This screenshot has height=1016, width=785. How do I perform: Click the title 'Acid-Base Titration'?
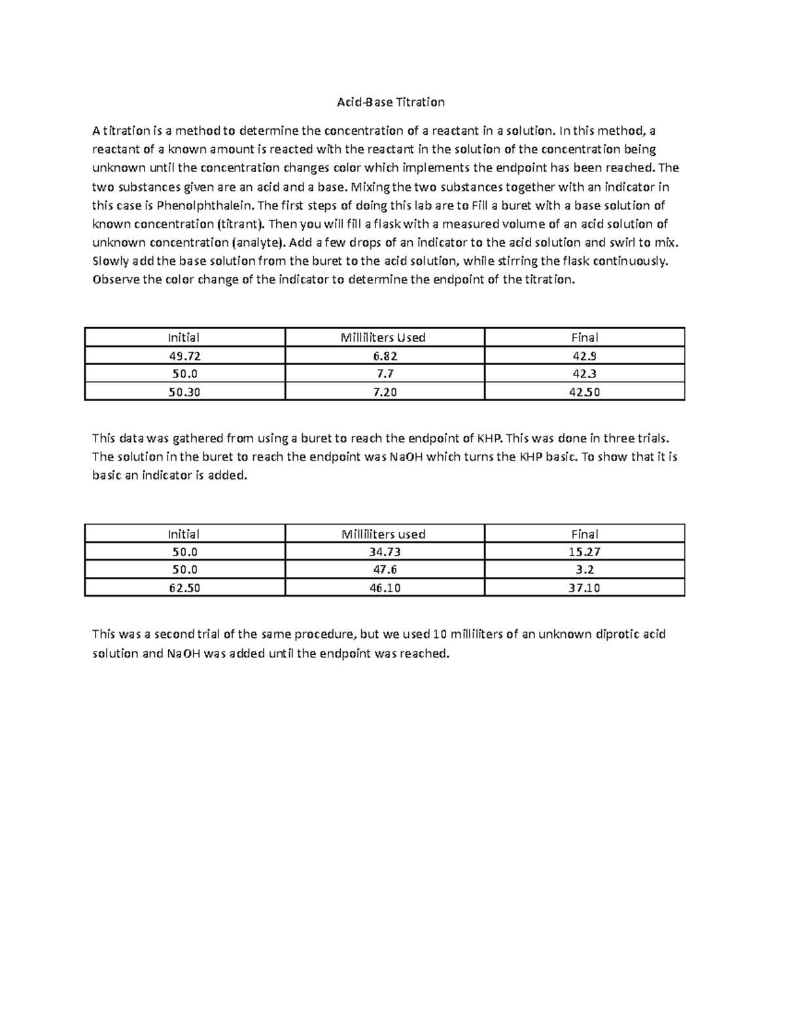pos(391,102)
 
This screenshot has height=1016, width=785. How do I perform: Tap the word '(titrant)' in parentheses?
pos(240,224)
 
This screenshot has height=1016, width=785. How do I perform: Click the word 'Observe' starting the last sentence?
pos(116,280)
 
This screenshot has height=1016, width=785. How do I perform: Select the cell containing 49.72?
pos(184,356)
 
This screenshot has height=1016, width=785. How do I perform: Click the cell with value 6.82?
pos(385,356)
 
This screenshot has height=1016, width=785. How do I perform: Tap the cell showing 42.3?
pos(584,374)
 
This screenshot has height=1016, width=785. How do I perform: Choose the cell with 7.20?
pos(385,392)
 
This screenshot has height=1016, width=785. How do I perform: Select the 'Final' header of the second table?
pos(584,534)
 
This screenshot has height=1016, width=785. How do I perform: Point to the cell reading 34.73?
pos(385,552)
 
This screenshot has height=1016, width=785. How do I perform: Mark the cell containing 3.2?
pos(584,570)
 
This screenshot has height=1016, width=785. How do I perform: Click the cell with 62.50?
pos(184,587)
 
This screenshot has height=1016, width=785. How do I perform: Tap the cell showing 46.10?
pos(385,587)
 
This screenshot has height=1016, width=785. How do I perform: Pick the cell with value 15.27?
pos(584,552)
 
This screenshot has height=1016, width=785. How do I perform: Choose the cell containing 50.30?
pos(184,392)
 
